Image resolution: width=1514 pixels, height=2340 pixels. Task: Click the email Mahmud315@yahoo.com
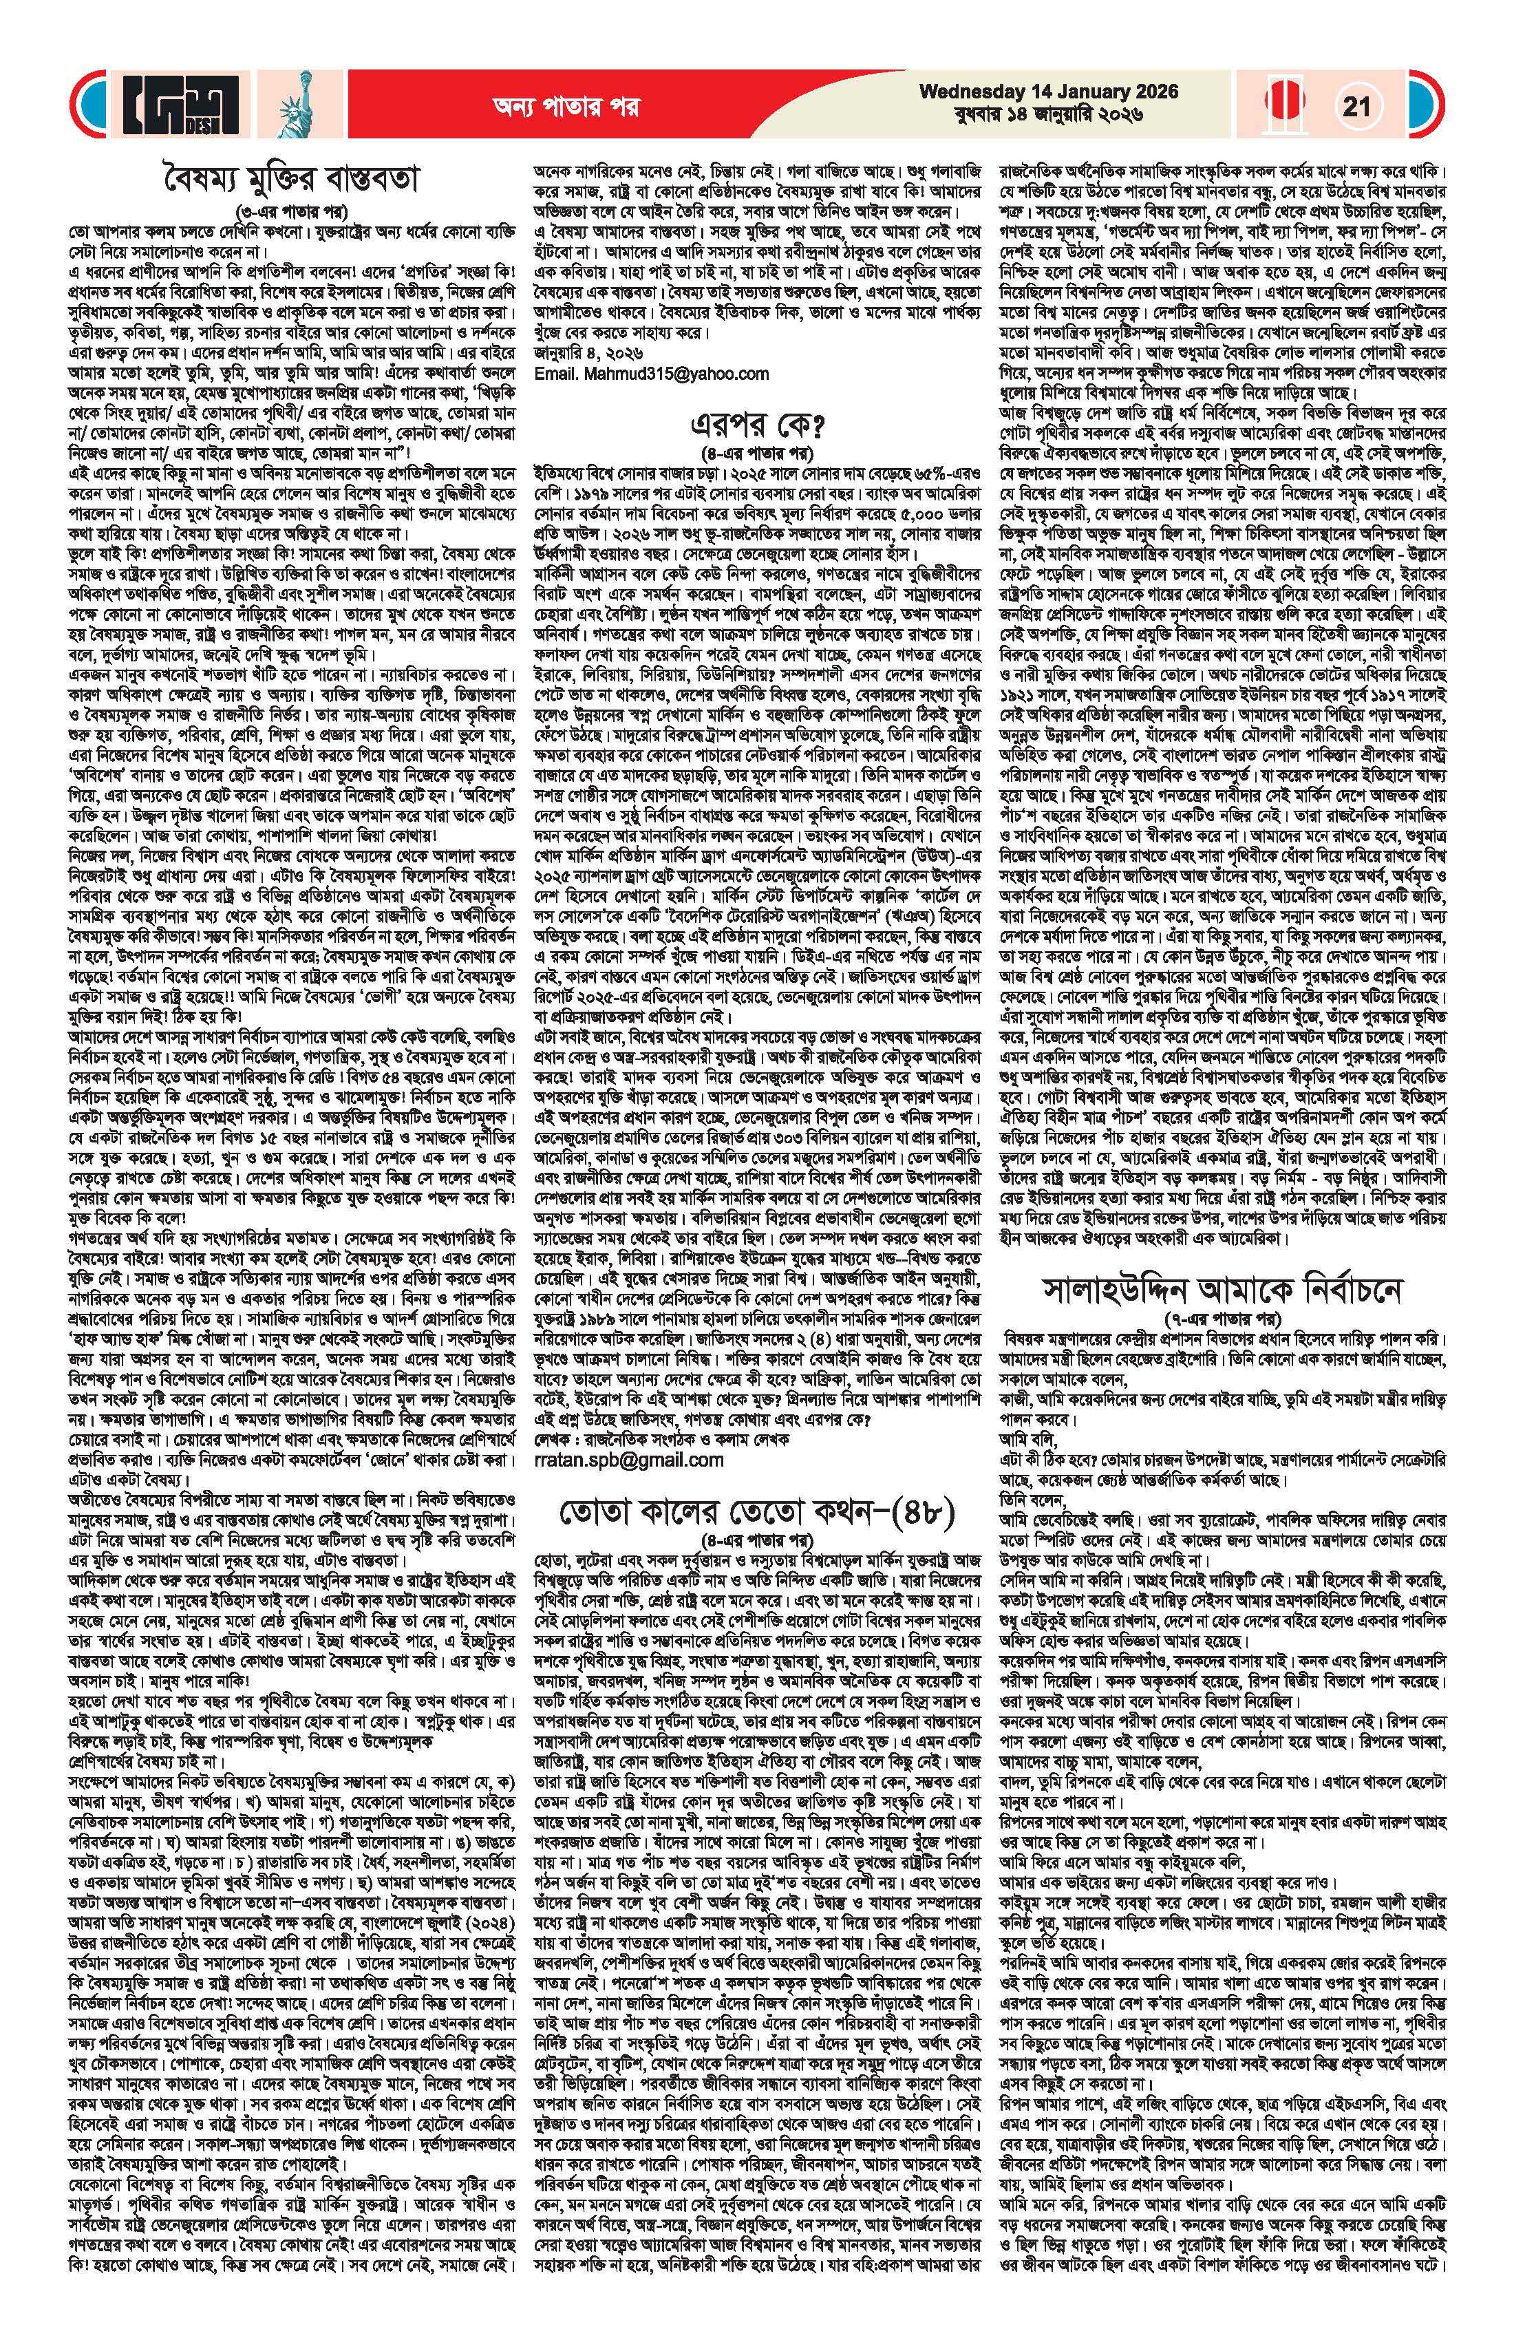tap(651, 374)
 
